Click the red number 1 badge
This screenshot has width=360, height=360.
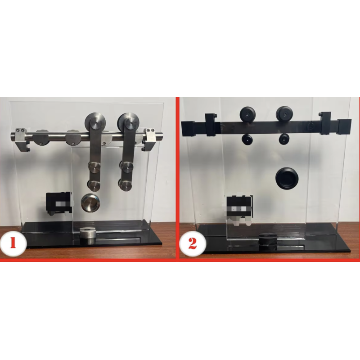(x=13, y=243)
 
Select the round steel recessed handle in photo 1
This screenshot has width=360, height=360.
(x=90, y=202)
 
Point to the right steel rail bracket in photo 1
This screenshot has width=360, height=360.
(x=150, y=139)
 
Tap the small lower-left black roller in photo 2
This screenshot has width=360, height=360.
(x=247, y=139)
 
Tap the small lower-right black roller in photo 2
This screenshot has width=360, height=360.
(x=284, y=139)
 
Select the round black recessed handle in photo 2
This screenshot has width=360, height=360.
(x=286, y=178)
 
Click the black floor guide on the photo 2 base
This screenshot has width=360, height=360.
(x=268, y=242)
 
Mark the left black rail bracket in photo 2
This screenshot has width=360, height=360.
(x=211, y=125)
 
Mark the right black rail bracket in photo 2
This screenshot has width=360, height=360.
(x=325, y=123)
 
